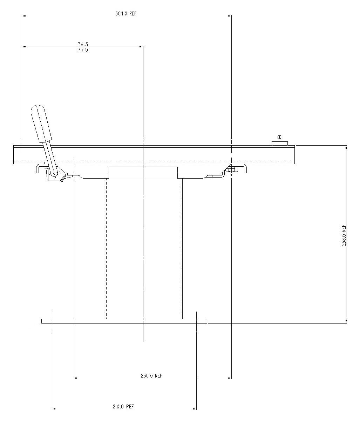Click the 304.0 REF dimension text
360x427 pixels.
[x=125, y=14]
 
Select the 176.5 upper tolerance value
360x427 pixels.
[x=82, y=45]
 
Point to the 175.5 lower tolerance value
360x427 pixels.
[x=82, y=50]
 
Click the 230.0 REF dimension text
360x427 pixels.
[x=152, y=375]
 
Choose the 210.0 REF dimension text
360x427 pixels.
[x=123, y=407]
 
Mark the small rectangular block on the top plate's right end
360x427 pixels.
[x=280, y=143]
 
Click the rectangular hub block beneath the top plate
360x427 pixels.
[x=143, y=173]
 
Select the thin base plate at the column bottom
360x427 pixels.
[x=124, y=321]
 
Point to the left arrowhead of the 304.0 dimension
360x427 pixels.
[x=24, y=16]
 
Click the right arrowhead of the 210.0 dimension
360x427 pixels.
[x=195, y=409]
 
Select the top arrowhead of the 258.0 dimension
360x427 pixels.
[x=346, y=147]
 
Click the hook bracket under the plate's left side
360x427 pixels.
[x=39, y=168]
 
